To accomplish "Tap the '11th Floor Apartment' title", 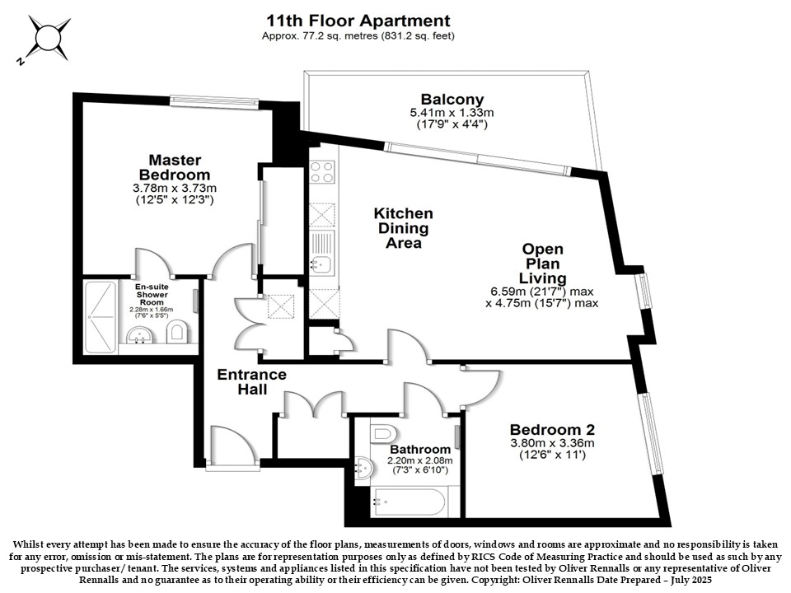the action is (x=358, y=21).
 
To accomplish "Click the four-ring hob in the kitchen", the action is (x=322, y=171).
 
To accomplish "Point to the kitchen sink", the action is (x=322, y=264).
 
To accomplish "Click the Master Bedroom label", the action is (x=175, y=167).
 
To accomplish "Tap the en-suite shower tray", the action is (x=101, y=317).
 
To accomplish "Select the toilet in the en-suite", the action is (x=176, y=331).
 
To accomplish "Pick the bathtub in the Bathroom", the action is (x=409, y=502).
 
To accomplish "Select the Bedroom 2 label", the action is (x=552, y=430).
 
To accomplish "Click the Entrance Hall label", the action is (x=252, y=381).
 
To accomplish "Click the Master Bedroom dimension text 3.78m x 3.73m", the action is (x=175, y=188).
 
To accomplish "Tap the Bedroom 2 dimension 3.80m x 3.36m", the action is (x=552, y=443).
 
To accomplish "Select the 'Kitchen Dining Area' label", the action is (x=403, y=228).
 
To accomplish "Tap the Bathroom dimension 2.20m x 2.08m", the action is (x=420, y=460).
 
